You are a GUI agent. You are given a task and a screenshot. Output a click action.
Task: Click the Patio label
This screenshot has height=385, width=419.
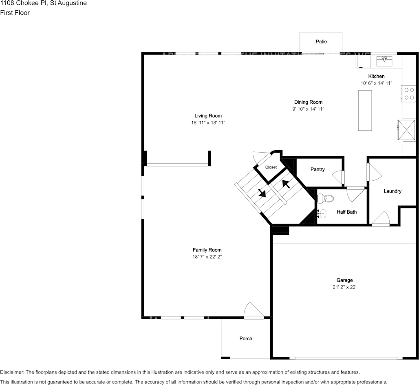[321, 42]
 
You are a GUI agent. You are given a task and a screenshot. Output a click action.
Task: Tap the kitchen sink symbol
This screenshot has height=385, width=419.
[384, 61]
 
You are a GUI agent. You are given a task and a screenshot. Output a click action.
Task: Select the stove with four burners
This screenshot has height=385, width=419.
[409, 94]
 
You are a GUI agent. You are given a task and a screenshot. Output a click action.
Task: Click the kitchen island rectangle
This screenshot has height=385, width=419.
[365, 110]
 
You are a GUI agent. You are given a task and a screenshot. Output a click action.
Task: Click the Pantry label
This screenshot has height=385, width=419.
[318, 169]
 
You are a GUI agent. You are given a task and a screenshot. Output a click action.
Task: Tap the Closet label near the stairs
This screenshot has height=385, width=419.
[271, 167]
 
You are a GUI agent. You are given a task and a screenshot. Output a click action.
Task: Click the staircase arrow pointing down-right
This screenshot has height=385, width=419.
[261, 192]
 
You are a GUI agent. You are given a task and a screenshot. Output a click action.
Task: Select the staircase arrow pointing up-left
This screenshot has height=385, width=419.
[286, 184]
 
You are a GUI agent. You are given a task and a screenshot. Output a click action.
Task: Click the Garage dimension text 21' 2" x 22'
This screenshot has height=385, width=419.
[344, 287]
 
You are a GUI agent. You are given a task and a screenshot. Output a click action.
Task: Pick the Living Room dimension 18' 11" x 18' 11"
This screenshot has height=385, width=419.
[208, 122]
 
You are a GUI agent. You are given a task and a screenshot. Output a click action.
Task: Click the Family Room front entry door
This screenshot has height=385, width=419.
[254, 311]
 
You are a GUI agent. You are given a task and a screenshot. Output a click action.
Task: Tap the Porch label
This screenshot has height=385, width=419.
[246, 339]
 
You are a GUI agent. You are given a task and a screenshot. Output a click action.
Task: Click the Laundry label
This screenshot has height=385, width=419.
[393, 191]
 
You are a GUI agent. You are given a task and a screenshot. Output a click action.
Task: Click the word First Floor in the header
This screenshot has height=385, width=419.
[15, 13]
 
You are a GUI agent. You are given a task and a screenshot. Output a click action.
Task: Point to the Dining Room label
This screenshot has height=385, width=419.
[308, 102]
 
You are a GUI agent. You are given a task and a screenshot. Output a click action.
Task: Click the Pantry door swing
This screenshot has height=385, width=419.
[338, 177]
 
